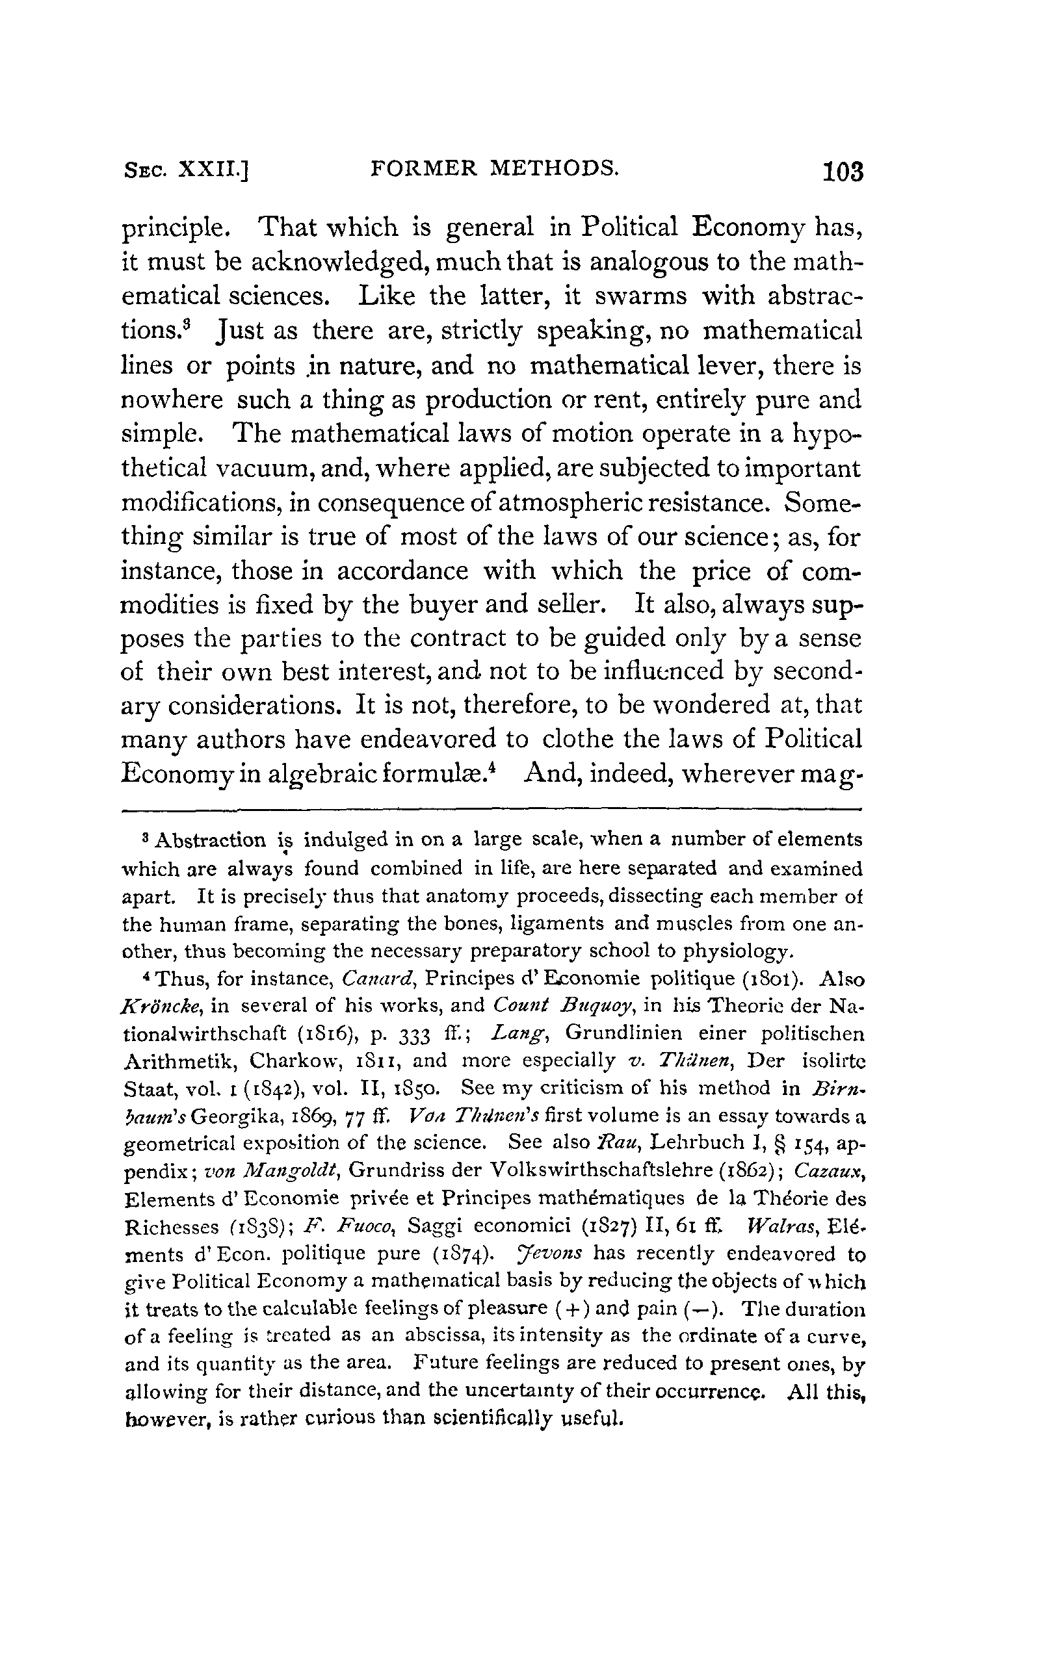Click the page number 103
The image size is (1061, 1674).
pos(842,171)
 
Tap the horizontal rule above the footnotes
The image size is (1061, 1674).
pos(491,809)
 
